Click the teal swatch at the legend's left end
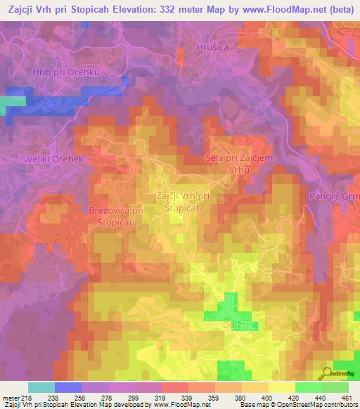pos(41,387)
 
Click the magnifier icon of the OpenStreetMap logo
pos(328,373)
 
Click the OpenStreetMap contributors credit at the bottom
pos(316,405)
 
